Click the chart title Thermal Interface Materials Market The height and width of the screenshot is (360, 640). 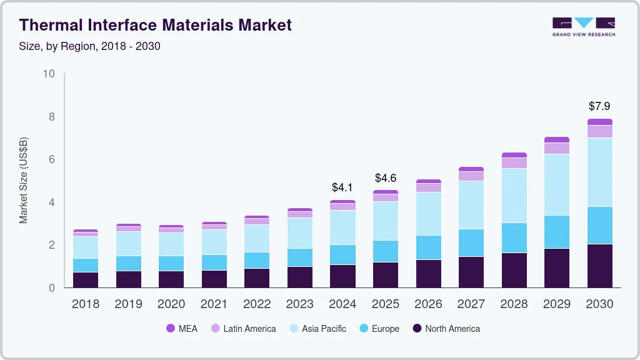tap(156, 25)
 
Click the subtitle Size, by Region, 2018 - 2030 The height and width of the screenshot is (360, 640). tap(90, 46)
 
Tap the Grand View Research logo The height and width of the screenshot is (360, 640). tap(583, 26)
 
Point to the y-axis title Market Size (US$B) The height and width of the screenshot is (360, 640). tap(24, 180)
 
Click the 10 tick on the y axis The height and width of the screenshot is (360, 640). tap(49, 74)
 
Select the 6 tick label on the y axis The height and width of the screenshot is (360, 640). tap(52, 159)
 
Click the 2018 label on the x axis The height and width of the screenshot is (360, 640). tap(86, 304)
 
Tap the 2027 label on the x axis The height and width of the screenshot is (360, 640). tap(471, 304)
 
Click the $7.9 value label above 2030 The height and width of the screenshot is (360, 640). tap(600, 106)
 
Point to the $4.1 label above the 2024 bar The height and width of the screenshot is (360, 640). tap(343, 187)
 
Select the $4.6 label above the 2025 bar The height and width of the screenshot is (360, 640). tap(386, 178)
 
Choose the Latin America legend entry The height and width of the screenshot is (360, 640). tap(243, 328)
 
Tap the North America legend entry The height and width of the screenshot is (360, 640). tap(446, 328)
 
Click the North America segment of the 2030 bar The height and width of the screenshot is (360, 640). tap(600, 266)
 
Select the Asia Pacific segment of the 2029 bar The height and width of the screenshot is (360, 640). tap(557, 184)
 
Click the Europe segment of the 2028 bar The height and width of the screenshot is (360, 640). tap(514, 237)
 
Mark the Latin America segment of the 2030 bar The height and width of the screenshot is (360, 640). tap(600, 131)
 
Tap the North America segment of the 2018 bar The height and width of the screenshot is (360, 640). tap(86, 280)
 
